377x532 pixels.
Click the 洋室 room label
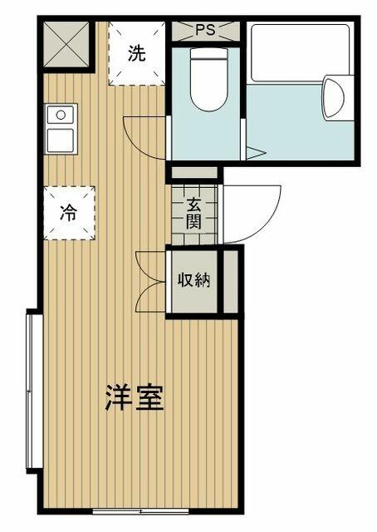point(134,397)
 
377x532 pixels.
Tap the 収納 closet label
point(193,280)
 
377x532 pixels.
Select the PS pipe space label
point(205,31)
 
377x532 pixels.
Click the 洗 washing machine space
point(137,54)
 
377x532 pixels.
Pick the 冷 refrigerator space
point(69,212)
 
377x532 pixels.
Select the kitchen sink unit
point(61,129)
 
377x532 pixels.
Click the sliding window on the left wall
point(31,391)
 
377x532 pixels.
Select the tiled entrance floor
point(193,214)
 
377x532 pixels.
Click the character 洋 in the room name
point(118,397)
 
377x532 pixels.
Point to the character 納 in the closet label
point(202,280)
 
